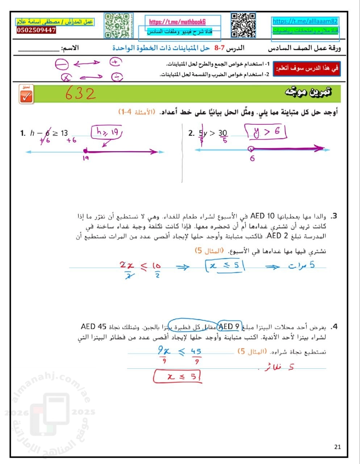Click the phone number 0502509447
[36, 30]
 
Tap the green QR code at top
[117, 25]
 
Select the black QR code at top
[243, 25]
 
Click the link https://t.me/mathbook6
[177, 22]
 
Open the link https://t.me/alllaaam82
[305, 21]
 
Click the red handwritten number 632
[80, 94]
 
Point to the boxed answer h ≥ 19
[107, 132]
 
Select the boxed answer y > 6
[267, 132]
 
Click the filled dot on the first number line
[85, 151]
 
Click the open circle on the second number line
[251, 148]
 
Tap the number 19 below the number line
[85, 159]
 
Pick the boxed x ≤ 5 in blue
[225, 266]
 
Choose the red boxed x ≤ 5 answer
[177, 377]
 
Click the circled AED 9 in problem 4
[229, 327]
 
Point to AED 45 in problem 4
[93, 327]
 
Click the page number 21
[337, 447]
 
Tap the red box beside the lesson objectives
[307, 69]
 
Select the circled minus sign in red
[62, 65]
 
